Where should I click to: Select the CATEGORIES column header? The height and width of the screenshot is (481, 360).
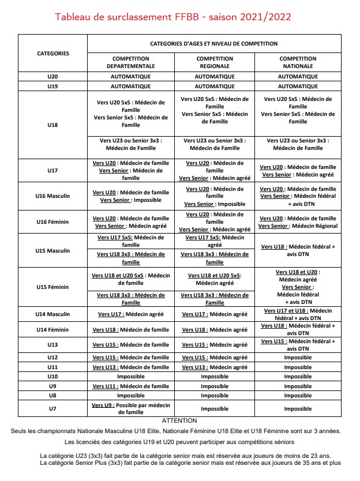(x=52, y=54)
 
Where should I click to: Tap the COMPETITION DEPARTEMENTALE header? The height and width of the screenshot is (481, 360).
(x=131, y=62)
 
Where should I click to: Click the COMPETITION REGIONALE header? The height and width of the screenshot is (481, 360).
(x=215, y=62)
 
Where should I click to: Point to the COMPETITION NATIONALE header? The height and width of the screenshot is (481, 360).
(x=298, y=62)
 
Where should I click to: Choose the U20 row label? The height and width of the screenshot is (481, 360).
(x=52, y=76)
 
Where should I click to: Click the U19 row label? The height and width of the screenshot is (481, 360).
(x=52, y=86)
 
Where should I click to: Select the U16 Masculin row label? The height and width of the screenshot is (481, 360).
(x=52, y=196)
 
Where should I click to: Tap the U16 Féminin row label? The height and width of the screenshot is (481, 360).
(x=52, y=222)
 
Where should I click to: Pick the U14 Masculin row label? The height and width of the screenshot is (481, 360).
(x=52, y=314)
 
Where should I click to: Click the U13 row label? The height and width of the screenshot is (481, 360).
(x=52, y=345)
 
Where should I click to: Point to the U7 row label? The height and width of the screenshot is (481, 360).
(x=52, y=408)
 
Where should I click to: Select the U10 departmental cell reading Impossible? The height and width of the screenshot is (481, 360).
(x=131, y=377)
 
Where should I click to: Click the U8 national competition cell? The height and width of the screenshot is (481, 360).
(x=298, y=396)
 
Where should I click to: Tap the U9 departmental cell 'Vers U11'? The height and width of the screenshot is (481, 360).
(x=131, y=386)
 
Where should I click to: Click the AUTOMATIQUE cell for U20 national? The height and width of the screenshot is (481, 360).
(x=298, y=76)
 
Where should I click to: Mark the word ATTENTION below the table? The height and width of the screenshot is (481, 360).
(x=179, y=421)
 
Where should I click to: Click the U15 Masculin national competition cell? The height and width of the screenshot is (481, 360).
(x=298, y=250)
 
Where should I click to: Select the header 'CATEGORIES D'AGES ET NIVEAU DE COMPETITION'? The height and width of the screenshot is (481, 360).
(x=214, y=43)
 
